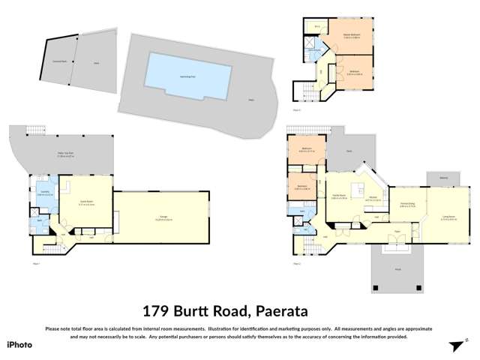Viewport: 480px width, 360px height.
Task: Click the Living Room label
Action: pyautogui.click(x=448, y=218)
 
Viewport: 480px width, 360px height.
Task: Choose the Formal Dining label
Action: pyautogui.click(x=408, y=205)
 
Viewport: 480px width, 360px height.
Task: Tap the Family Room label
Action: pyautogui.click(x=338, y=197)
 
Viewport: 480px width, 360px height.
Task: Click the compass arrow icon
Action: pyautogui.click(x=455, y=345)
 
